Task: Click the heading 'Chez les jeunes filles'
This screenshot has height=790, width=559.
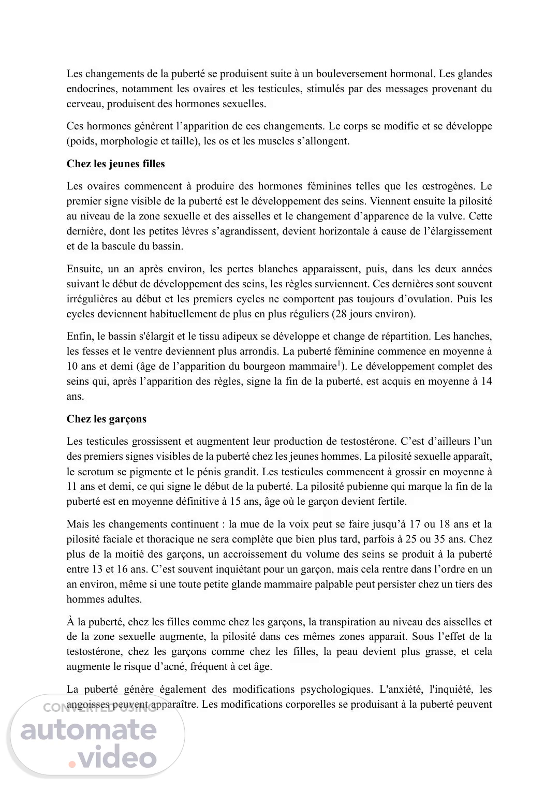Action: (x=115, y=164)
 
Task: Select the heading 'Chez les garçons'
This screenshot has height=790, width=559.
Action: (x=106, y=419)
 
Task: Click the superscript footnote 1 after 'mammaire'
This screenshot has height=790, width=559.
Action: (x=339, y=363)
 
